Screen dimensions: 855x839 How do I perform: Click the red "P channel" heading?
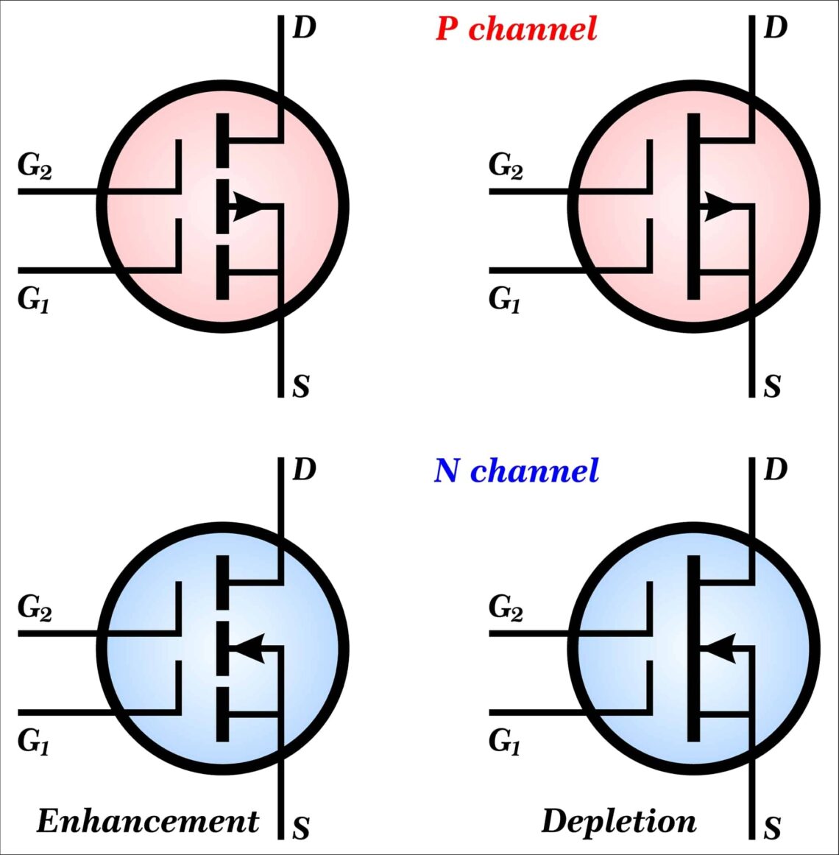(x=516, y=29)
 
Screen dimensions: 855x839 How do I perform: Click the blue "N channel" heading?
(x=516, y=471)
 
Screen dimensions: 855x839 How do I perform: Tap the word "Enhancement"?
(x=147, y=821)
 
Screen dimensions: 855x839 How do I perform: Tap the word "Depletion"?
(x=618, y=821)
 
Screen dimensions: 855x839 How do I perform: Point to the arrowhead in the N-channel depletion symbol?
(x=719, y=648)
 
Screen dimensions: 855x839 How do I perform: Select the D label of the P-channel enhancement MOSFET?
(x=304, y=29)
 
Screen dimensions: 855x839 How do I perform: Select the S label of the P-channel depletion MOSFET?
(x=772, y=386)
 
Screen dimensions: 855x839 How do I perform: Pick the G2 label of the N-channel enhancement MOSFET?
(x=35, y=608)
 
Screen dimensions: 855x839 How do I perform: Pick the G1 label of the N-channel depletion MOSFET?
(x=505, y=742)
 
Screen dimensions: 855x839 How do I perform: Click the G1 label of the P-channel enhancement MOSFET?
(x=34, y=300)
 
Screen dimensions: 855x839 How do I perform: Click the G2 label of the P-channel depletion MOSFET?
(x=506, y=166)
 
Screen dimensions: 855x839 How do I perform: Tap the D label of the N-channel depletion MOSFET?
(x=776, y=470)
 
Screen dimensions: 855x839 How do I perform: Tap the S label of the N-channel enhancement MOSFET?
(x=301, y=828)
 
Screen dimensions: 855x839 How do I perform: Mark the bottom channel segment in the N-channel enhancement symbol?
(x=222, y=715)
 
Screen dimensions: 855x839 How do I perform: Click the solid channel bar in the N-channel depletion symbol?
(x=693, y=648)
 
